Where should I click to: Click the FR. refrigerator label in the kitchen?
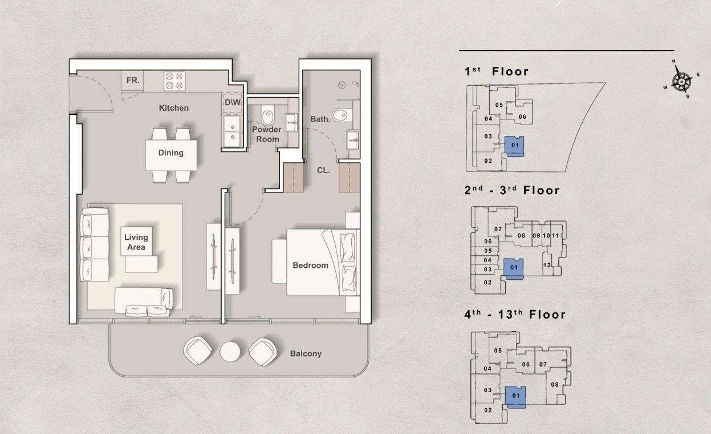[x=133, y=81]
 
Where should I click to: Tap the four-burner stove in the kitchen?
[x=173, y=81]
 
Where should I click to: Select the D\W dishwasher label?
[x=232, y=102]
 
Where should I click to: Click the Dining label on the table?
[x=171, y=152]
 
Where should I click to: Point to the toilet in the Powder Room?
[x=267, y=117]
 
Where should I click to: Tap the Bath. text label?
[x=319, y=119]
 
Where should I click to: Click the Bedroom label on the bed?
[x=310, y=265]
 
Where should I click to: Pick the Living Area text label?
[x=136, y=242]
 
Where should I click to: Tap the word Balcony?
[x=306, y=353]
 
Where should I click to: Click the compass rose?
[x=681, y=82]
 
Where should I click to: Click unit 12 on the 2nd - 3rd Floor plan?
[x=547, y=265]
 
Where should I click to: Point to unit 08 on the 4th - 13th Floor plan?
[x=554, y=384]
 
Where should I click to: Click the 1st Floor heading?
[x=496, y=72]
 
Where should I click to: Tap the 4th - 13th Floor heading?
[x=514, y=315]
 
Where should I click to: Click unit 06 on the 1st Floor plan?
[x=522, y=116]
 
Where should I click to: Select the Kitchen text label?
[x=173, y=108]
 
